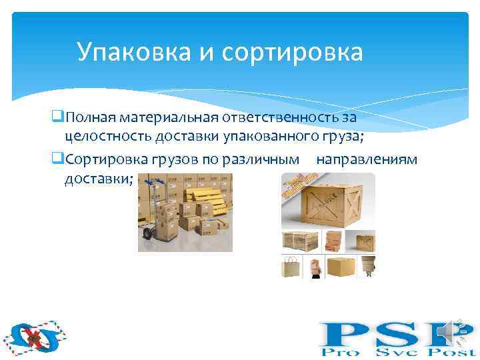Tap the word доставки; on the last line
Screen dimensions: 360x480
(x=99, y=179)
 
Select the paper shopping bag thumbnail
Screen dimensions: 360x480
(x=292, y=266)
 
